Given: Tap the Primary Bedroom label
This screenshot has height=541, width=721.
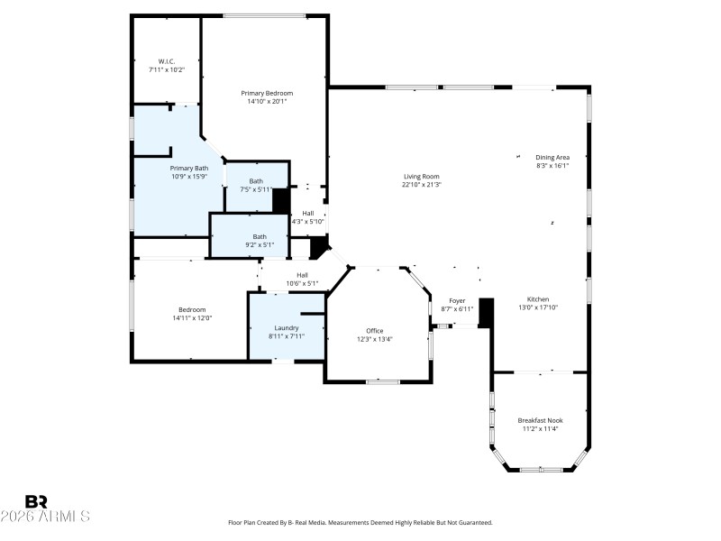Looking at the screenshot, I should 267,93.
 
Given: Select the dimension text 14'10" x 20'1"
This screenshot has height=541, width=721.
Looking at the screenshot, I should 267,101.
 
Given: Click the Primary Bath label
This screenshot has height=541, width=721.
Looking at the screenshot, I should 189,168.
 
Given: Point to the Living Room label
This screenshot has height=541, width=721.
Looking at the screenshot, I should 421,176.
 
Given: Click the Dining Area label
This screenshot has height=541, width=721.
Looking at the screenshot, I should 552,157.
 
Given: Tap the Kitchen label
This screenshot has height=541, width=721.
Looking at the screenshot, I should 538,299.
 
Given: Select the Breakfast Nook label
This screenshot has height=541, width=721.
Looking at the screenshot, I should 540,420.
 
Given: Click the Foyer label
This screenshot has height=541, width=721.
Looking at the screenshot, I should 458,300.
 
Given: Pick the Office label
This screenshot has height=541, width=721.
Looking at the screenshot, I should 375,331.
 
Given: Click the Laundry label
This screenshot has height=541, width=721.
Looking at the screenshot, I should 287,327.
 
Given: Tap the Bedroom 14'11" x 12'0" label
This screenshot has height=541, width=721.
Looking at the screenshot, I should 191,309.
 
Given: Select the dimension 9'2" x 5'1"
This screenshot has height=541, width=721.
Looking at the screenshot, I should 259,244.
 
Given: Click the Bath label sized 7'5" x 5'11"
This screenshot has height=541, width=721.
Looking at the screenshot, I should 257,181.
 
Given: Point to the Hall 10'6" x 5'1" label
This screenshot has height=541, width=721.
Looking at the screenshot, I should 303,275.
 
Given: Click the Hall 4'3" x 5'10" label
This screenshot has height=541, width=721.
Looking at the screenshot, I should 308,214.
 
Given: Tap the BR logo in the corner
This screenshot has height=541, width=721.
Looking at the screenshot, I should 36,501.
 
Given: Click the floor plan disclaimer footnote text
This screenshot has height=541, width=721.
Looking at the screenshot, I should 360,522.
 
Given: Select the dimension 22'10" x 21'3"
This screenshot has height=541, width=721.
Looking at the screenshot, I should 421,184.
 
